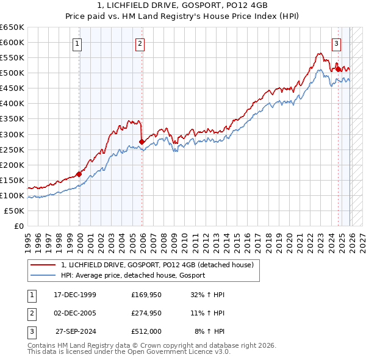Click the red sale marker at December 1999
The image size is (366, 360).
79,174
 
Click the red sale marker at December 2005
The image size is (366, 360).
142,142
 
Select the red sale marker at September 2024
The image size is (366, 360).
338,69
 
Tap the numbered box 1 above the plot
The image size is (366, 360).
78,43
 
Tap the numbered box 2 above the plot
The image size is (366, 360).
140,43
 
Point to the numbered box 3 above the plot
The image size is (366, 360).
336,43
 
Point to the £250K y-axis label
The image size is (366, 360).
12,149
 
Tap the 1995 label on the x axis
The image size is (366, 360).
27,238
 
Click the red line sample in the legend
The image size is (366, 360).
44,265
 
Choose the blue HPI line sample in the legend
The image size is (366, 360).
44,275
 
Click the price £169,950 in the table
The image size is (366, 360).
146,295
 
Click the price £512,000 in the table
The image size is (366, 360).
146,333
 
